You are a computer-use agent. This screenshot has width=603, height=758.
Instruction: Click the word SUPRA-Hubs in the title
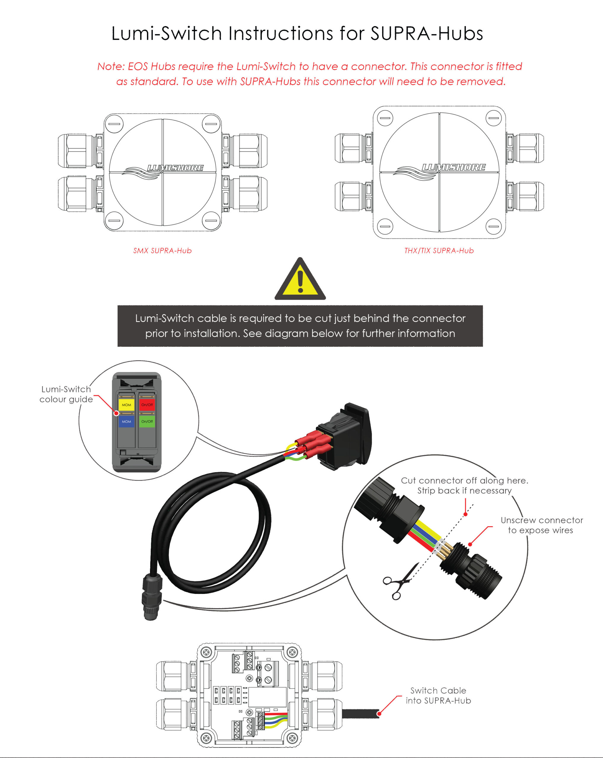click(426, 34)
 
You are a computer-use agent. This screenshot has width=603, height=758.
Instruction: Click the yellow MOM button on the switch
click(126, 405)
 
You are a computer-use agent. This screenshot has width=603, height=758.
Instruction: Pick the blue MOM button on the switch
click(126, 421)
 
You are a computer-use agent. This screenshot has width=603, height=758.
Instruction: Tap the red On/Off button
click(147, 405)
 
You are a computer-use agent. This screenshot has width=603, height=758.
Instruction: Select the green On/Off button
click(147, 421)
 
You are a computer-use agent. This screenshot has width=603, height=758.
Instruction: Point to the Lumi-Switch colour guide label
click(66, 394)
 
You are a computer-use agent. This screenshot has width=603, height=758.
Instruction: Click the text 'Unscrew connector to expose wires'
click(541, 525)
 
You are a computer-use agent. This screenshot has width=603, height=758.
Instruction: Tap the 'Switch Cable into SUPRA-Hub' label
click(438, 696)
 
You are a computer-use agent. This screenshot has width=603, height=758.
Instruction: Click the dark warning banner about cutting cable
click(300, 326)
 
